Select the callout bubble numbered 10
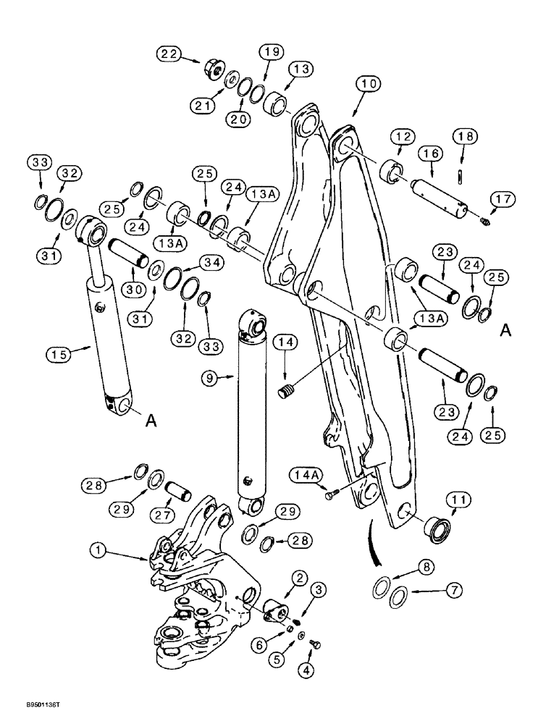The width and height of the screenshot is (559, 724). point(368,85)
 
